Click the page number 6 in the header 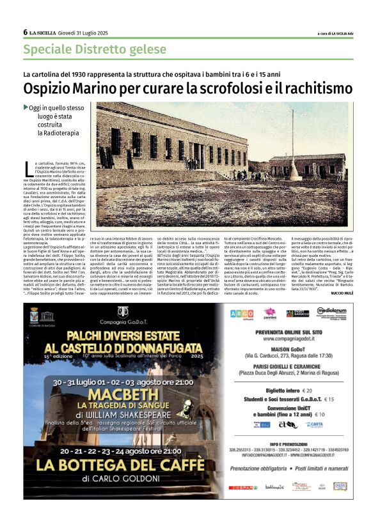(x=25, y=32)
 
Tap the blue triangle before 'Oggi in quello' (x=26, y=107)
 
